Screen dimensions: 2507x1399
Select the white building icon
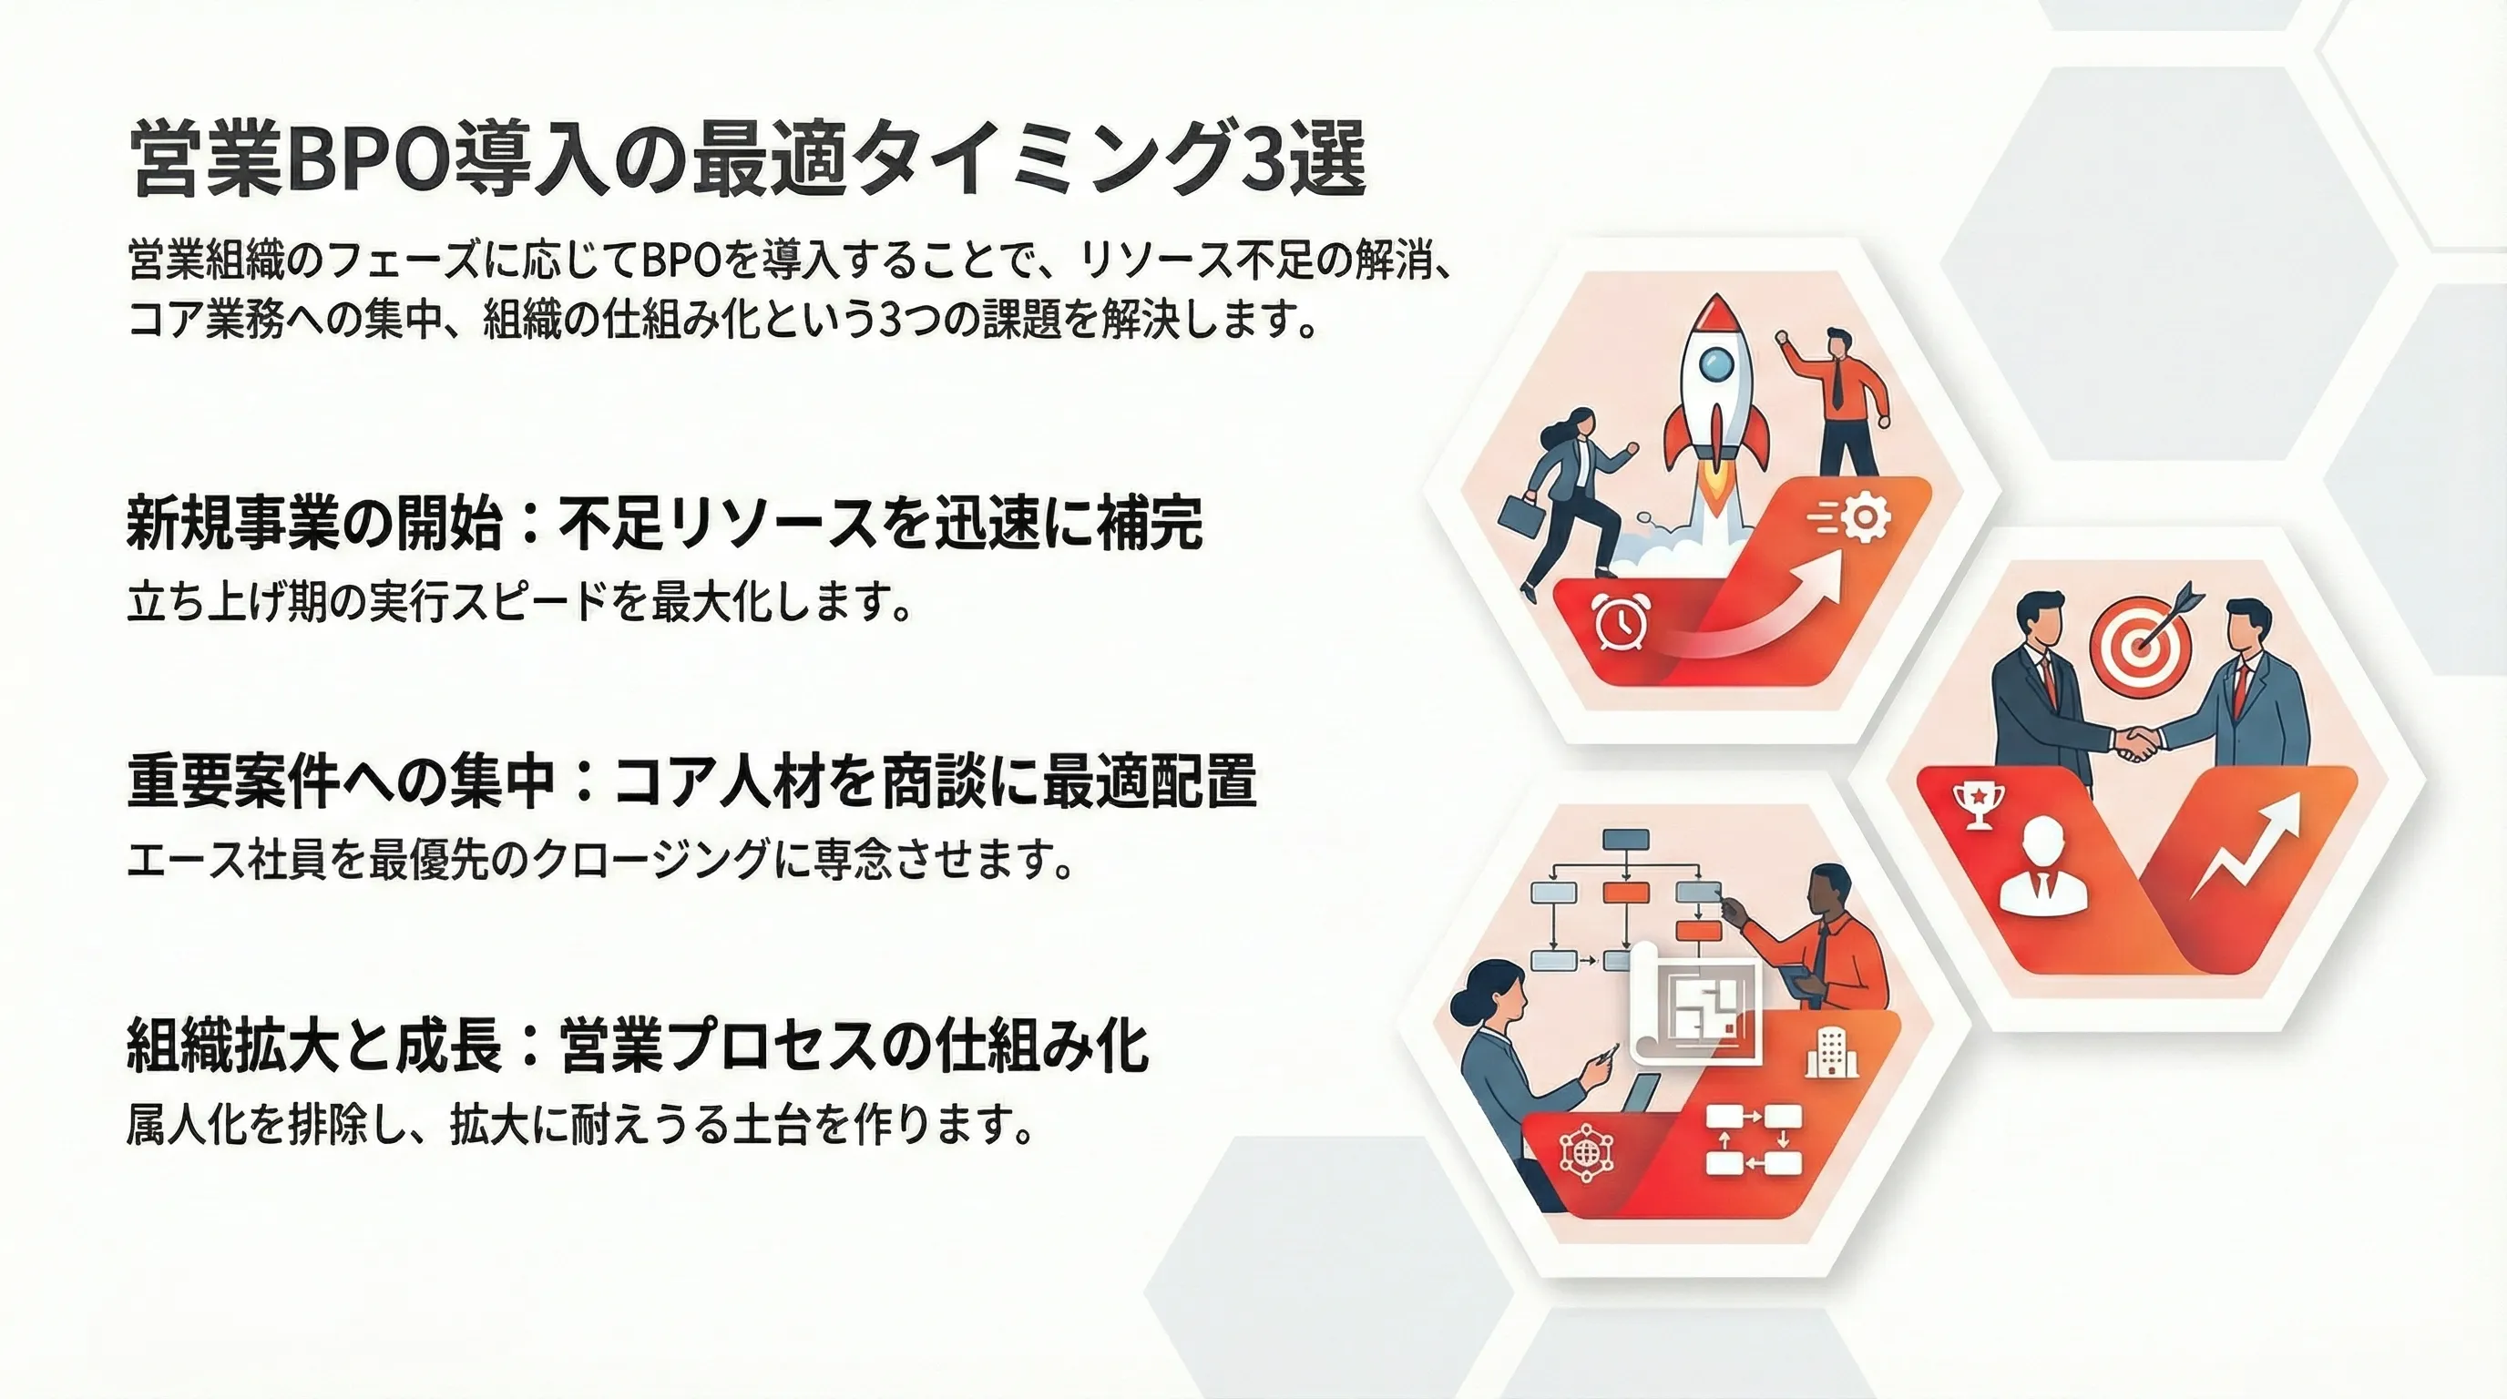click(1832, 1053)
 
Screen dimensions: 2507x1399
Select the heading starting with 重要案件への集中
click(692, 782)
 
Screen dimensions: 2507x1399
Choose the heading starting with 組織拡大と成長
click(639, 1047)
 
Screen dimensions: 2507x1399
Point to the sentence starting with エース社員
click(599, 860)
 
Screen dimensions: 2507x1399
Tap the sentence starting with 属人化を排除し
click(579, 1127)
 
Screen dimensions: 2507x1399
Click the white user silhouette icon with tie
click(2043, 866)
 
